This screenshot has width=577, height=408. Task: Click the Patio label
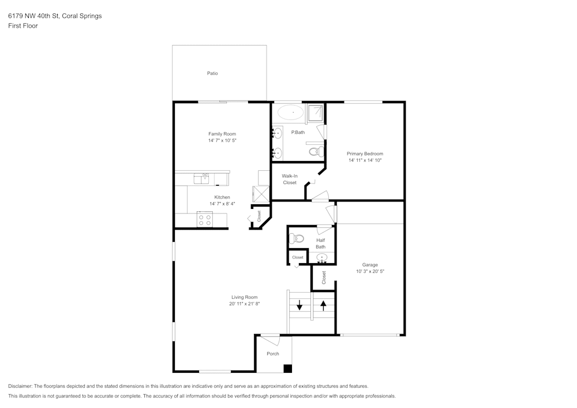tap(212, 73)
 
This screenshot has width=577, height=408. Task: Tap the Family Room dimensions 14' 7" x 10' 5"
tap(222, 140)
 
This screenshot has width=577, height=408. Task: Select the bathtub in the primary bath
tap(290, 112)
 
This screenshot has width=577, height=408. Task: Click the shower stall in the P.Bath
tap(315, 112)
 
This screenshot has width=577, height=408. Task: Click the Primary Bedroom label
tap(365, 154)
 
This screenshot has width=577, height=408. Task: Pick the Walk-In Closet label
tap(289, 179)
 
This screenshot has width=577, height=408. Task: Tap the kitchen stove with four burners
tap(205, 219)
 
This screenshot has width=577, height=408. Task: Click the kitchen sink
tap(203, 178)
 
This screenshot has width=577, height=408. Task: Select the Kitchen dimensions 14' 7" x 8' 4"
tap(222, 204)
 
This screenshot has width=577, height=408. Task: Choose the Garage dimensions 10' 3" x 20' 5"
tap(370, 271)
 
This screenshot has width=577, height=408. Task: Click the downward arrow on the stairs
tap(299, 305)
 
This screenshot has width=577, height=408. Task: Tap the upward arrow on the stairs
tap(323, 304)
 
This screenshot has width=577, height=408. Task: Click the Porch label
tap(273, 354)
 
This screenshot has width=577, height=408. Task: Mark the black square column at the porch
tap(288, 368)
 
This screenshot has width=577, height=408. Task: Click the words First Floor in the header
tap(23, 26)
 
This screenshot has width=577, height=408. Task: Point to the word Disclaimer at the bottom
tap(20, 386)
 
